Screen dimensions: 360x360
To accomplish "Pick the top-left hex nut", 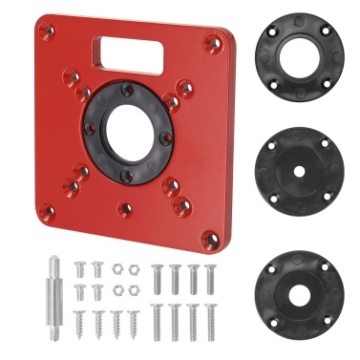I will click(x=116, y=271).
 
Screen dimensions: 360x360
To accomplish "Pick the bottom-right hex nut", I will click(x=134, y=289).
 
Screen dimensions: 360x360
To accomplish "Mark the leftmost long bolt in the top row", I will click(x=157, y=279).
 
